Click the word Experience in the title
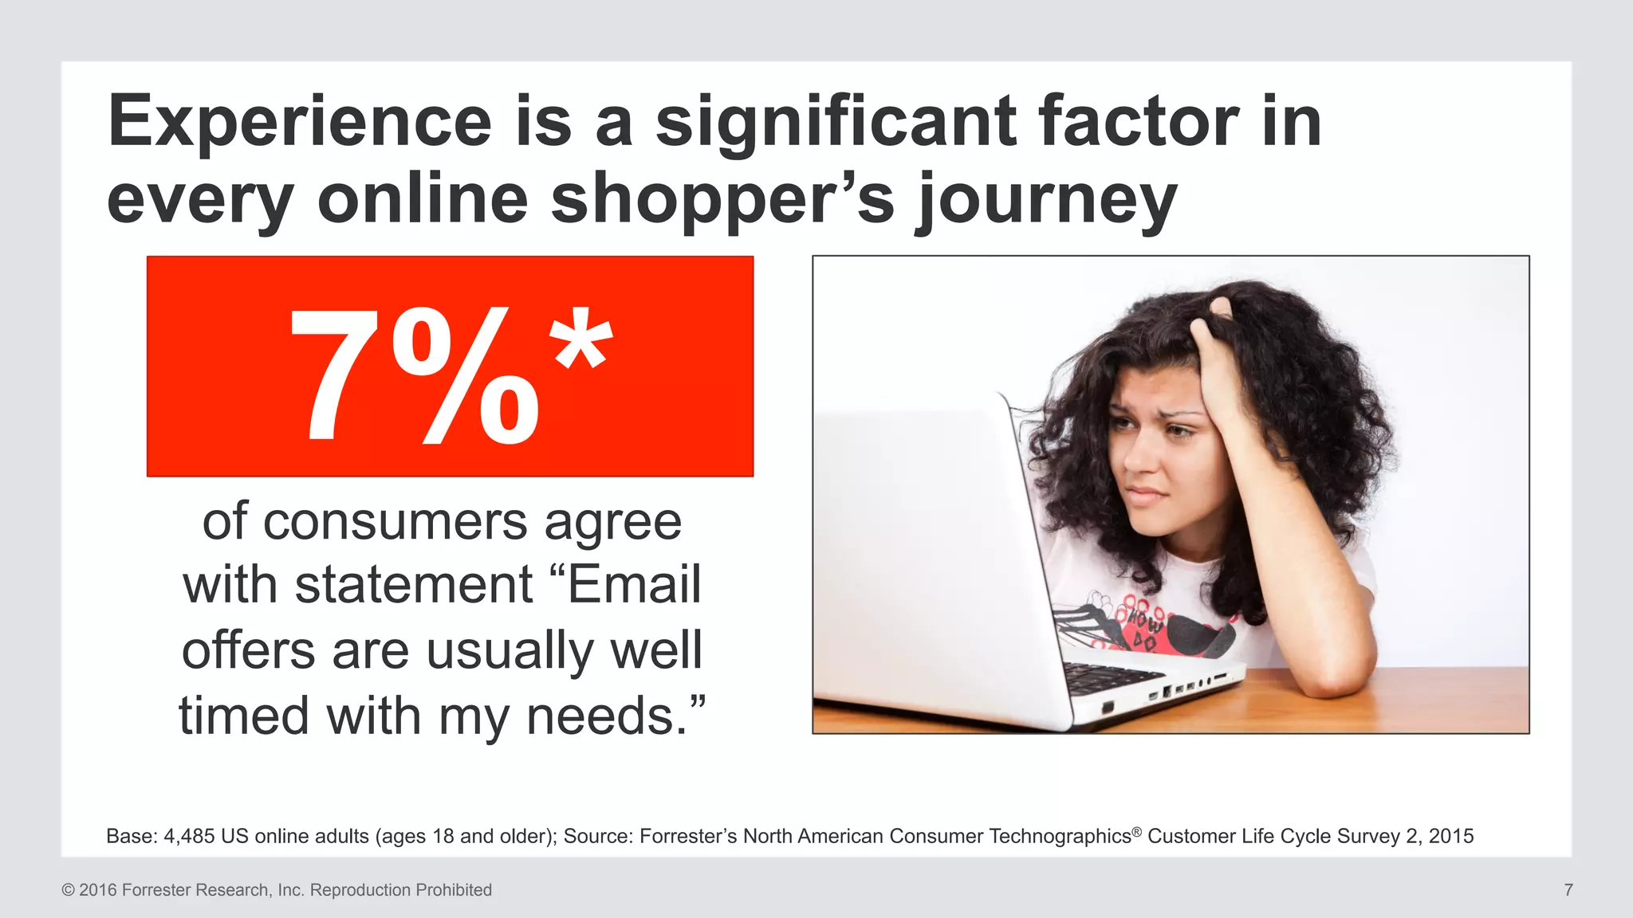(x=300, y=122)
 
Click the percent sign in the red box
(x=466, y=375)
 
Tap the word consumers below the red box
(x=395, y=522)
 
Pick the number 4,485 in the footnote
(x=189, y=836)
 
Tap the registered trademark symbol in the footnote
(x=1137, y=830)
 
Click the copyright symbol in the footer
(x=68, y=890)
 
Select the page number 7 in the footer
(x=1568, y=890)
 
